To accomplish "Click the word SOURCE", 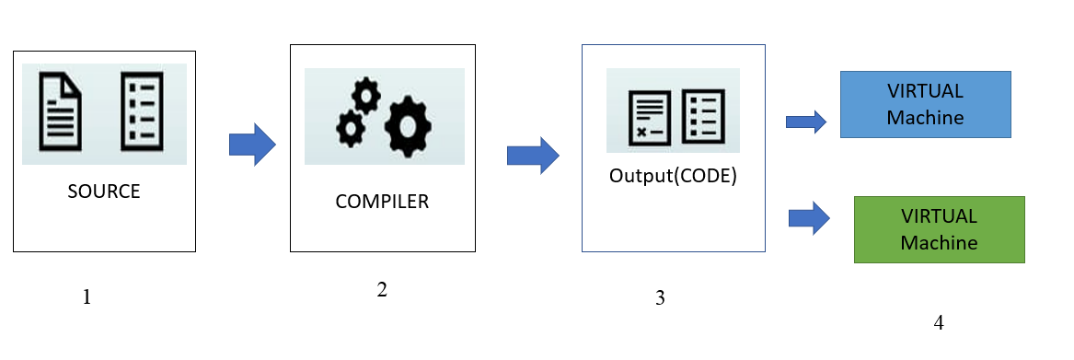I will coord(104,192).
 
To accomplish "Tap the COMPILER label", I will coord(382,201).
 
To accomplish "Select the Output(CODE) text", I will coord(673,176).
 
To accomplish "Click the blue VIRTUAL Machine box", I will coord(925,104).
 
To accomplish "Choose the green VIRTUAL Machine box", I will coord(939,229).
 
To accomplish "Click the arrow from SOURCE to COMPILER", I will coord(252,145).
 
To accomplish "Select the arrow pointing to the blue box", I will coord(806,122).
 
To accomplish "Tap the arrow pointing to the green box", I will coord(810,218).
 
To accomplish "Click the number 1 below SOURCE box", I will coord(87,297).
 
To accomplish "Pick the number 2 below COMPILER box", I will coord(382,289).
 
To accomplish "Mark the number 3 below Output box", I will coord(659,297).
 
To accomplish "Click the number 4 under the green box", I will coord(938,322).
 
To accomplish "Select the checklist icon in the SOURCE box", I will coord(143,112).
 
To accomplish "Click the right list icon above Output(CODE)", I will coord(704,117).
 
